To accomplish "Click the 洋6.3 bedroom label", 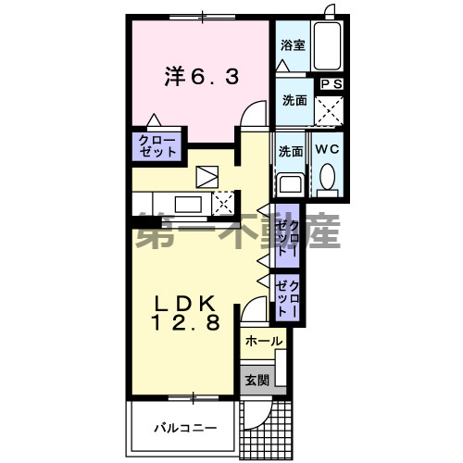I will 202,78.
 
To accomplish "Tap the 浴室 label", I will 293,44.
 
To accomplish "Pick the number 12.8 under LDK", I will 186,324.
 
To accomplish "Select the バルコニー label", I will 185,429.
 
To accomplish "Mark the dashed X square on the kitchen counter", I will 224,202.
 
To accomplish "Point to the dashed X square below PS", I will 330,110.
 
